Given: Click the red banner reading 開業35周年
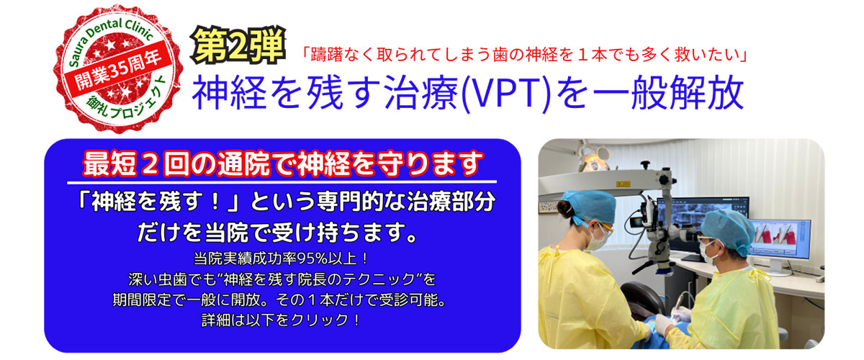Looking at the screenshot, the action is point(117,69).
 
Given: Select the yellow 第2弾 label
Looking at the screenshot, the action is point(238,46).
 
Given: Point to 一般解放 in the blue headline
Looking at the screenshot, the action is point(668,93).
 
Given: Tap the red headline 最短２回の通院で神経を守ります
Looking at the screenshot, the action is point(283,163).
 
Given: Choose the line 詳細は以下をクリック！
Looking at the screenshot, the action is point(282,320).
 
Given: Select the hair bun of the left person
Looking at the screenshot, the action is point(564,210).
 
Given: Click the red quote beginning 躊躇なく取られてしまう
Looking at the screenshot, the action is point(525,55).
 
